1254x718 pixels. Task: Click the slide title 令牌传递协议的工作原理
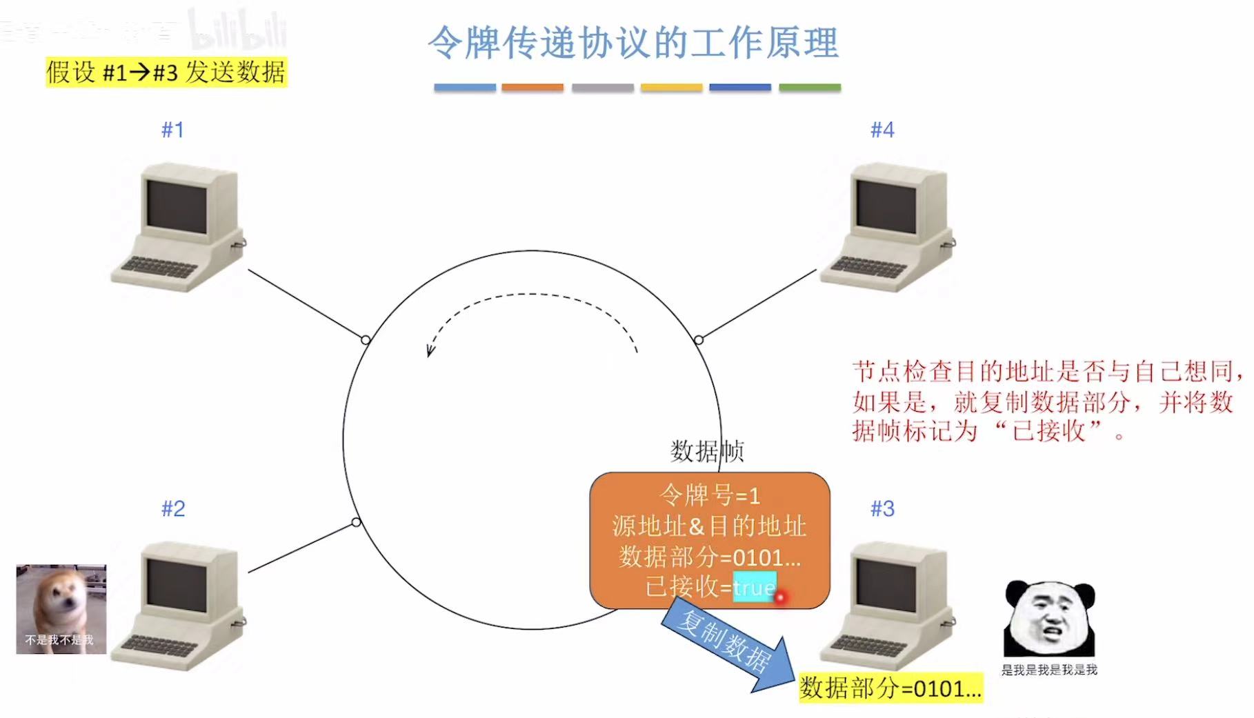click(x=633, y=43)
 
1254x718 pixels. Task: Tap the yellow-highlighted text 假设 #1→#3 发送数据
click(x=166, y=72)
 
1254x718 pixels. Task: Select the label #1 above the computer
click(x=172, y=130)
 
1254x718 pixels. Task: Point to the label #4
click(x=882, y=130)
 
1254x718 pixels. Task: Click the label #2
click(x=173, y=509)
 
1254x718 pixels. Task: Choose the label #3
click(x=882, y=509)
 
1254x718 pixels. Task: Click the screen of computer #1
click(x=177, y=206)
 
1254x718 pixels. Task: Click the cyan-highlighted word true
click(x=754, y=588)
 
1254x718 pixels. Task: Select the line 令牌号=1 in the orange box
click(x=709, y=495)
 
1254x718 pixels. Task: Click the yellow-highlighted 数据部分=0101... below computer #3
click(x=890, y=688)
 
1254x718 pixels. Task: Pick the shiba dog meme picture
click(x=61, y=608)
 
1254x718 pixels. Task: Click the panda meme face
click(x=1048, y=619)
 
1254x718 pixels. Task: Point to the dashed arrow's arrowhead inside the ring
click(x=430, y=351)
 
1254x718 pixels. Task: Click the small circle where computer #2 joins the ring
click(x=356, y=522)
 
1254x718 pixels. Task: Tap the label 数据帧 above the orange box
click(x=706, y=452)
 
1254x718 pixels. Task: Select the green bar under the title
click(x=810, y=88)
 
